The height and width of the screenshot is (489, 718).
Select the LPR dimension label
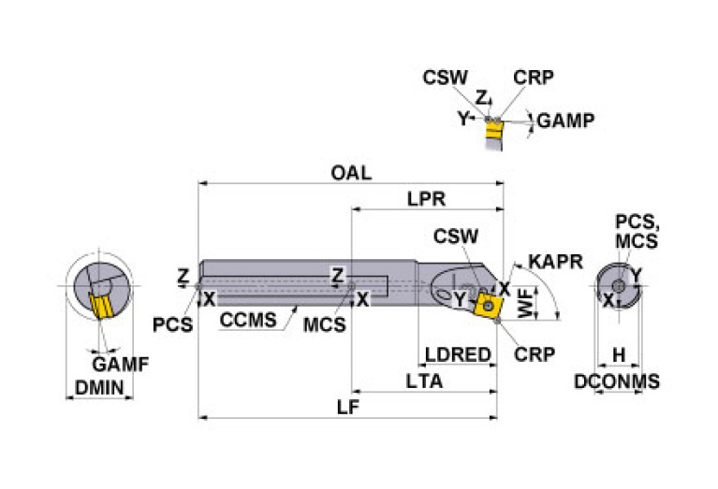pyautogui.click(x=426, y=199)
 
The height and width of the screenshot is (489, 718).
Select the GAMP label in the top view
pyautogui.click(x=568, y=121)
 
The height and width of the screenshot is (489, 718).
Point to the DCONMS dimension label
pyautogui.click(x=617, y=381)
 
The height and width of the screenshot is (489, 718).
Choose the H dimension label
pyautogui.click(x=618, y=355)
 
